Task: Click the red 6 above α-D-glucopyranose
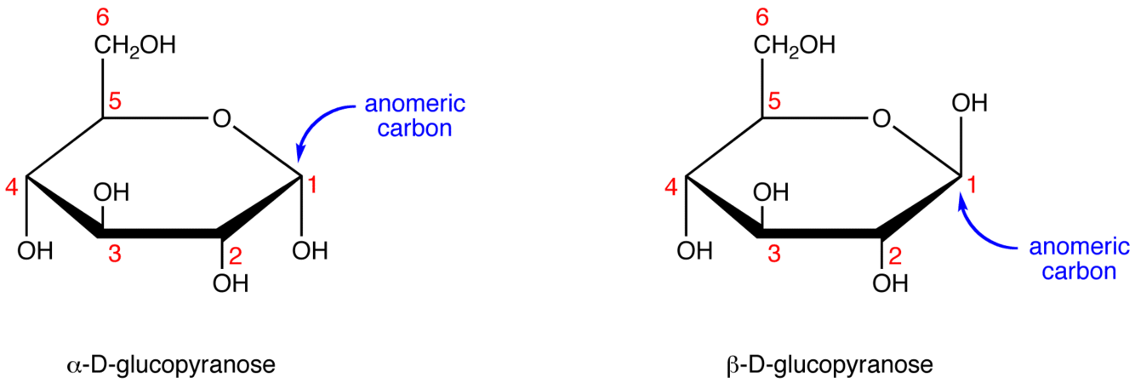click(x=104, y=17)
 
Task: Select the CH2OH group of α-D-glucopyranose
click(x=134, y=45)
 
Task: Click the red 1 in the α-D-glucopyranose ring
click(x=311, y=184)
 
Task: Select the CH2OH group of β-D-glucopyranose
click(x=792, y=45)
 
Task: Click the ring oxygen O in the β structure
click(x=881, y=118)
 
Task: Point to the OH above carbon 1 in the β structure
click(x=969, y=104)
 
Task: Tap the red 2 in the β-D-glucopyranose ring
click(x=893, y=253)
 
